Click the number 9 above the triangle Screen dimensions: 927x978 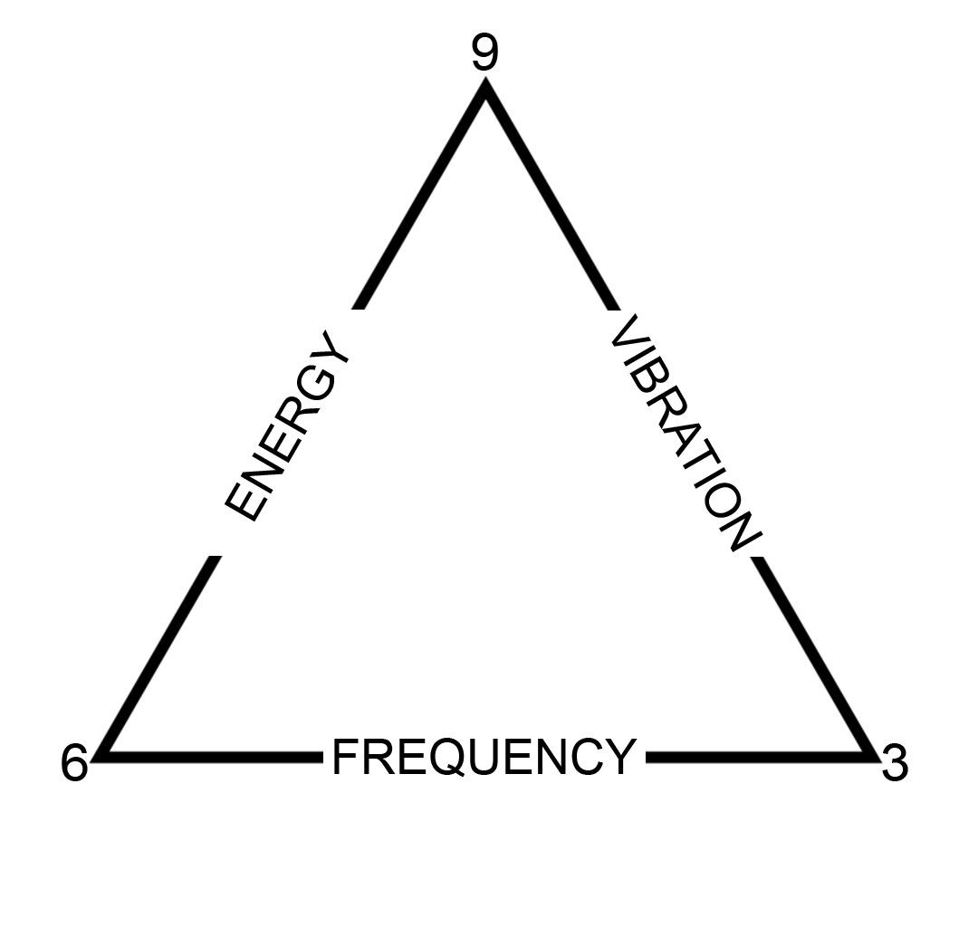pos(484,54)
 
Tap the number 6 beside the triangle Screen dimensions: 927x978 pos(74,763)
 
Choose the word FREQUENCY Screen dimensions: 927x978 pos(484,757)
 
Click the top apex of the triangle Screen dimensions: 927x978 pos(485,87)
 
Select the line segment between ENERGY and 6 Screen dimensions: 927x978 pos(163,655)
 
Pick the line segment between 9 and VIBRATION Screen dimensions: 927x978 pos(551,197)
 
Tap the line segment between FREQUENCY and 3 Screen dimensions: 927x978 pos(756,756)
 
